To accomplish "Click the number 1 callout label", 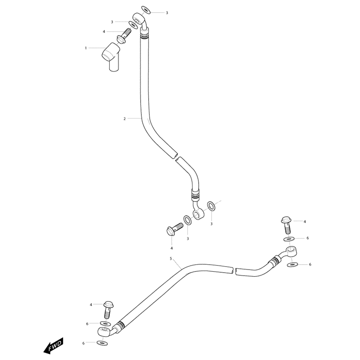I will pyautogui.click(x=86, y=48).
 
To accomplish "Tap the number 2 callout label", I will pyautogui.click(x=125, y=118).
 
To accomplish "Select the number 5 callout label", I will pyautogui.click(x=171, y=258).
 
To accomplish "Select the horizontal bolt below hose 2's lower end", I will pyautogui.click(x=174, y=229).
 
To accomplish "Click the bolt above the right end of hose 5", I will pyautogui.click(x=286, y=224).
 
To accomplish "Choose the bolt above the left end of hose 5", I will pyautogui.click(x=108, y=308).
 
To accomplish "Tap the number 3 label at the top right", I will pyautogui.click(x=167, y=13).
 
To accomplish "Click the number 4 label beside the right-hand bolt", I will pyautogui.click(x=305, y=221).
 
